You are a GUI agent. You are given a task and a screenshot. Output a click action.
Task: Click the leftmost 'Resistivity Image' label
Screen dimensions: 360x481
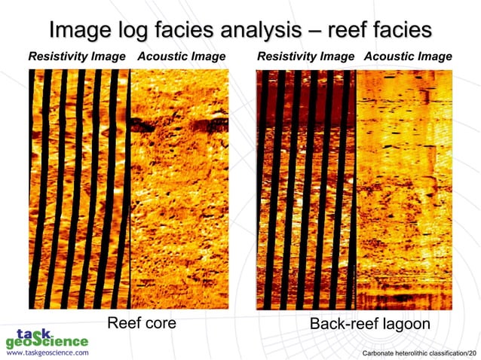pyautogui.click(x=77, y=56)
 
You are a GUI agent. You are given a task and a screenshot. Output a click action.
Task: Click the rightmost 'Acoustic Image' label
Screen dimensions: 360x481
pyautogui.click(x=408, y=56)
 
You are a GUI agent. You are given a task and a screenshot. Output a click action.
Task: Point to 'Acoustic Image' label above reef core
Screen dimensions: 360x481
pyautogui.click(x=181, y=56)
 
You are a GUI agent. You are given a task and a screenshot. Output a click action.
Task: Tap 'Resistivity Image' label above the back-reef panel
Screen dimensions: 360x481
pyautogui.click(x=305, y=56)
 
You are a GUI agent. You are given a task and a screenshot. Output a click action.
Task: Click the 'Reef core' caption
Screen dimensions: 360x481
pyautogui.click(x=142, y=323)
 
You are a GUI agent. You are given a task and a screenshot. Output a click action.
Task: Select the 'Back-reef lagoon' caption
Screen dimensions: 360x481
pyautogui.click(x=370, y=324)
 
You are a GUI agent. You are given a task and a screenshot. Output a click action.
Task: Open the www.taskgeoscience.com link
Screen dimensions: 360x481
pyautogui.click(x=47, y=352)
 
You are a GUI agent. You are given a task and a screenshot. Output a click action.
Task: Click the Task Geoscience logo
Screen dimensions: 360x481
pyautogui.click(x=45, y=337)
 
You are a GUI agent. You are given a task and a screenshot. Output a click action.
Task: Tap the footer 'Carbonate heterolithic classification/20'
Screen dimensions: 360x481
pyautogui.click(x=419, y=352)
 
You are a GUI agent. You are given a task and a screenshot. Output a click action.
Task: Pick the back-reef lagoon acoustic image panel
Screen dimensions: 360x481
pyautogui.click(x=404, y=188)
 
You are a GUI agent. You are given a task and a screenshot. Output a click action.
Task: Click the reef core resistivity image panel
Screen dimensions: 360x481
pyautogui.click(x=79, y=188)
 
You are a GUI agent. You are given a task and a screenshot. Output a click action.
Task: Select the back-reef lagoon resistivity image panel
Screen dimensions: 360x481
pyautogui.click(x=305, y=188)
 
